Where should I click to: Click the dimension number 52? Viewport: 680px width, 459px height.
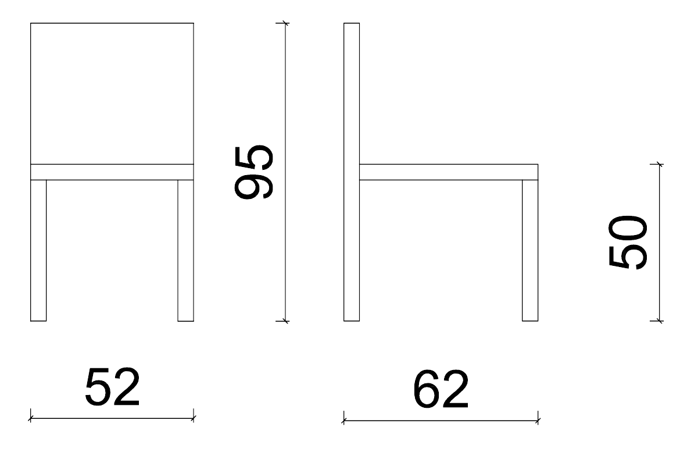tap(112, 387)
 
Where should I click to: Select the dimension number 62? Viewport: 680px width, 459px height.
tap(441, 390)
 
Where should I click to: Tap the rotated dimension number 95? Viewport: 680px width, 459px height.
tap(254, 172)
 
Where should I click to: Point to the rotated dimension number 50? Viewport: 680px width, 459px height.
tap(628, 243)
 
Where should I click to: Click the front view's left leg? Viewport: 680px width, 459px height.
tap(38, 251)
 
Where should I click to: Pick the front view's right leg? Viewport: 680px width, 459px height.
tap(185, 251)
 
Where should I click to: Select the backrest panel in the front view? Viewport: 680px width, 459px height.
tap(112, 93)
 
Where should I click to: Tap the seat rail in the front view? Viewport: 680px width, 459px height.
tap(112, 172)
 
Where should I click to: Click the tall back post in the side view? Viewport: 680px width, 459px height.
tap(352, 172)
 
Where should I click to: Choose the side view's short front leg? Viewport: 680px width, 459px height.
tap(530, 251)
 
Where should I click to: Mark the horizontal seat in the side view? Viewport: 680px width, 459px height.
tap(449, 172)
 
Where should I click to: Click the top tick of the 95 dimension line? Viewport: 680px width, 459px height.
tap(284, 23)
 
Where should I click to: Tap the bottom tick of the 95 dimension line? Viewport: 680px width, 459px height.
tap(284, 321)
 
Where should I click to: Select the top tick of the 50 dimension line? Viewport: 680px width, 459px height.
tap(659, 164)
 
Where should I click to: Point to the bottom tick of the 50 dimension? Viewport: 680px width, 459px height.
tap(659, 321)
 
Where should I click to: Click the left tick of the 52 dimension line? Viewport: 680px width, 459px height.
tap(31, 419)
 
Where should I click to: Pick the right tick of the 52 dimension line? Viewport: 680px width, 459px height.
tap(194, 419)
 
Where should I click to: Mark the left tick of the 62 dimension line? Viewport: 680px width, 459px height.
tap(344, 421)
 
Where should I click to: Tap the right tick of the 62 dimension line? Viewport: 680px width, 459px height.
tap(538, 421)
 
